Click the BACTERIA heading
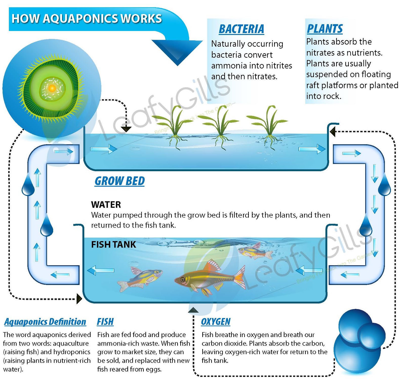pyautogui.click(x=241, y=29)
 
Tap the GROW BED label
pyautogui.click(x=119, y=181)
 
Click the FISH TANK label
pyautogui.click(x=113, y=244)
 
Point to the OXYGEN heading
pyautogui.click(x=216, y=322)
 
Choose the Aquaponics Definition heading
pyautogui.click(x=45, y=322)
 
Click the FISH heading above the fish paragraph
pyautogui.click(x=105, y=322)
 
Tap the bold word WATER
pyautogui.click(x=106, y=205)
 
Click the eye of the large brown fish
pyautogui.click(x=183, y=280)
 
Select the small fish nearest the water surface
pyautogui.click(x=254, y=252)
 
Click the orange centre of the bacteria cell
pyautogui.click(x=52, y=88)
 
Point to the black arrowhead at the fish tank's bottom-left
pyautogui.click(x=79, y=299)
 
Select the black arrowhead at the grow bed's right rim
pyautogui.click(x=333, y=131)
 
